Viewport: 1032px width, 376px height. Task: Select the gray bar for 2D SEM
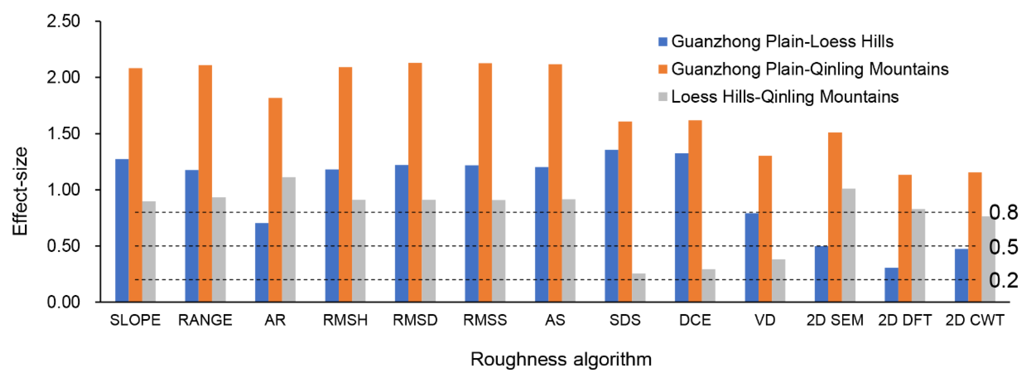[x=848, y=245]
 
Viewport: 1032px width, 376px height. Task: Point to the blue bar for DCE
[x=681, y=227]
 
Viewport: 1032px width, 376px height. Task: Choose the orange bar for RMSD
[x=415, y=182]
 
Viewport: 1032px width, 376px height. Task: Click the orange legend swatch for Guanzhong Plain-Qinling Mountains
[x=663, y=69]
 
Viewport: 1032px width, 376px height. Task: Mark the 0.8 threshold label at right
[x=1003, y=213]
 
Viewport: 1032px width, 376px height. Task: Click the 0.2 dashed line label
[x=1003, y=280]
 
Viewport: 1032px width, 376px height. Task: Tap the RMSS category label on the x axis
[x=485, y=320]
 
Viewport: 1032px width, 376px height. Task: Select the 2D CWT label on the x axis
[x=975, y=320]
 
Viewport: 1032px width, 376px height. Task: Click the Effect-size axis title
[x=20, y=191]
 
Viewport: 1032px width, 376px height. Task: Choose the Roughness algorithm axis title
[x=561, y=360]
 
